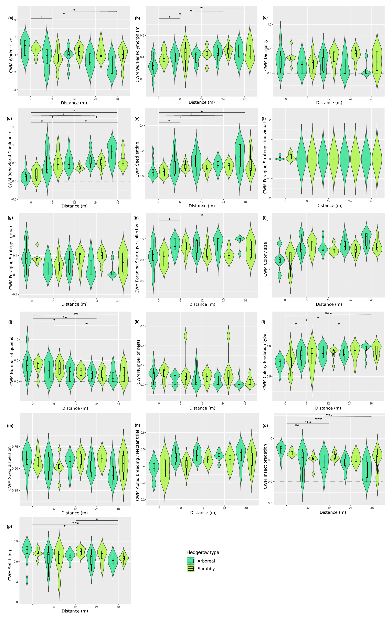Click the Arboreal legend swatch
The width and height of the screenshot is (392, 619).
click(x=191, y=561)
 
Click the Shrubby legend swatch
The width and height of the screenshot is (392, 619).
click(x=191, y=569)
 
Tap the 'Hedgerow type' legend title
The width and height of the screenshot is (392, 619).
click(x=203, y=552)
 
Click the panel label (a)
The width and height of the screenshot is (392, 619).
click(x=11, y=18)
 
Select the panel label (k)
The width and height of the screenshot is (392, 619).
click(x=137, y=322)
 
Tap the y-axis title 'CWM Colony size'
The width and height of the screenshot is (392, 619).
click(x=265, y=259)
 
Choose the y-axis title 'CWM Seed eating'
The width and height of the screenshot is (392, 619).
click(x=137, y=159)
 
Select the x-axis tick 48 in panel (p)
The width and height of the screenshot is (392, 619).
click(x=118, y=607)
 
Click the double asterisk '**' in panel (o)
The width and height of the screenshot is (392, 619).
click(x=297, y=426)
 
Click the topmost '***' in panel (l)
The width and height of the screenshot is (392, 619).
click(x=328, y=314)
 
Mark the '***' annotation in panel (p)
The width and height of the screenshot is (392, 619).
click(x=75, y=523)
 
